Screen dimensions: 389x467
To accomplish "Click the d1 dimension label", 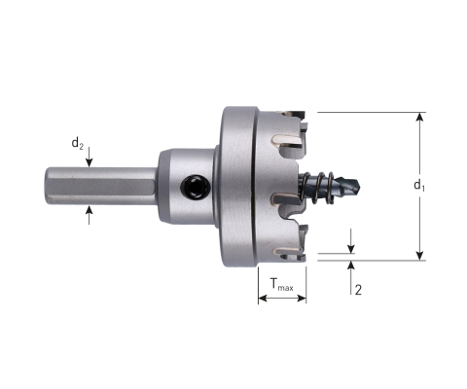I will (x=416, y=185).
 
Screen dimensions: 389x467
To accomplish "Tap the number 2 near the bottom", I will (x=360, y=289).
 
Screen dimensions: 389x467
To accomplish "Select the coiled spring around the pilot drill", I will (x=320, y=185).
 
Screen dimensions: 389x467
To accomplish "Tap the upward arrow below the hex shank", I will (x=90, y=209).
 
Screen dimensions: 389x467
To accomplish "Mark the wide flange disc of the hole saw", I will (x=235, y=185).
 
